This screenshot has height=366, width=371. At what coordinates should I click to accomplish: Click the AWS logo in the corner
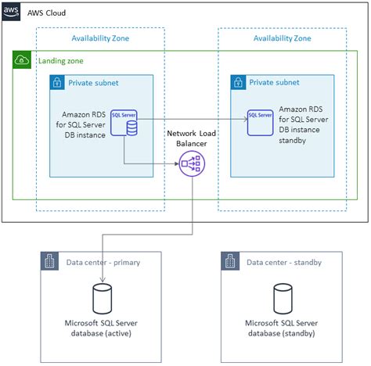tap(11, 12)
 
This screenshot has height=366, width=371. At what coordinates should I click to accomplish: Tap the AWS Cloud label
tap(46, 13)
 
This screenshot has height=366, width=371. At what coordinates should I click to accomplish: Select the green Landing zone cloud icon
tap(22, 60)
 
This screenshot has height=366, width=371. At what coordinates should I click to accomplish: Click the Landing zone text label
tap(61, 61)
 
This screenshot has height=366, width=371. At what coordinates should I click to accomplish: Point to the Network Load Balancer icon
tap(192, 163)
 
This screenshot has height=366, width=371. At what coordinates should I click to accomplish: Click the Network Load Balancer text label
tap(192, 138)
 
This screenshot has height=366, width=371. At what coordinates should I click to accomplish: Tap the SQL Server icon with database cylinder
tap(124, 123)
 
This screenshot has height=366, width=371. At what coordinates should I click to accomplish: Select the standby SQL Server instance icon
tap(260, 123)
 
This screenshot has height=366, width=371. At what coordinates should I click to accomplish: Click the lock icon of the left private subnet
tap(57, 82)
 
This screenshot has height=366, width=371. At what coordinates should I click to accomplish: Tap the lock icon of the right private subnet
tap(238, 82)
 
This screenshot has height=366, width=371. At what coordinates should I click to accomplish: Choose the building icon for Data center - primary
tap(49, 261)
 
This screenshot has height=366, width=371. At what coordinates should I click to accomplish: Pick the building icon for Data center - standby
tap(230, 261)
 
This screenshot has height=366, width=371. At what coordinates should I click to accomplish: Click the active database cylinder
tap(103, 299)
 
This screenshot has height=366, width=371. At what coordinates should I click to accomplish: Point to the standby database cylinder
tap(283, 299)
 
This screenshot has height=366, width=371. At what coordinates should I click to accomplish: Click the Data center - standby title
tap(284, 262)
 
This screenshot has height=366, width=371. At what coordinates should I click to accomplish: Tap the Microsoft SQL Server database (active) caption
tap(101, 328)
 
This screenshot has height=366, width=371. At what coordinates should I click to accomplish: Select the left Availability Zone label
tap(100, 38)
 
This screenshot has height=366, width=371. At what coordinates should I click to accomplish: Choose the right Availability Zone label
tap(283, 38)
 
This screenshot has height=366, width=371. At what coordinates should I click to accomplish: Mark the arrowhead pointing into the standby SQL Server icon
tap(246, 120)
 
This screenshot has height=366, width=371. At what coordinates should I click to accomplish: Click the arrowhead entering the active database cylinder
tap(103, 280)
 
